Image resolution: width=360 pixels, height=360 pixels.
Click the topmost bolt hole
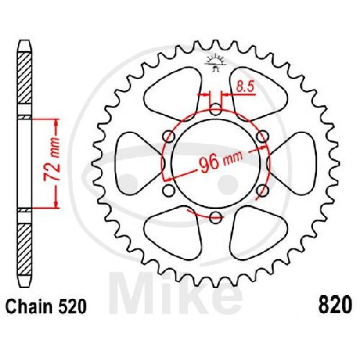[x=216, y=109]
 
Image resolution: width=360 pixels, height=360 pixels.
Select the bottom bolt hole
[x=216, y=217]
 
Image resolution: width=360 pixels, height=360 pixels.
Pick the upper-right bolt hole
[x=262, y=136]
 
